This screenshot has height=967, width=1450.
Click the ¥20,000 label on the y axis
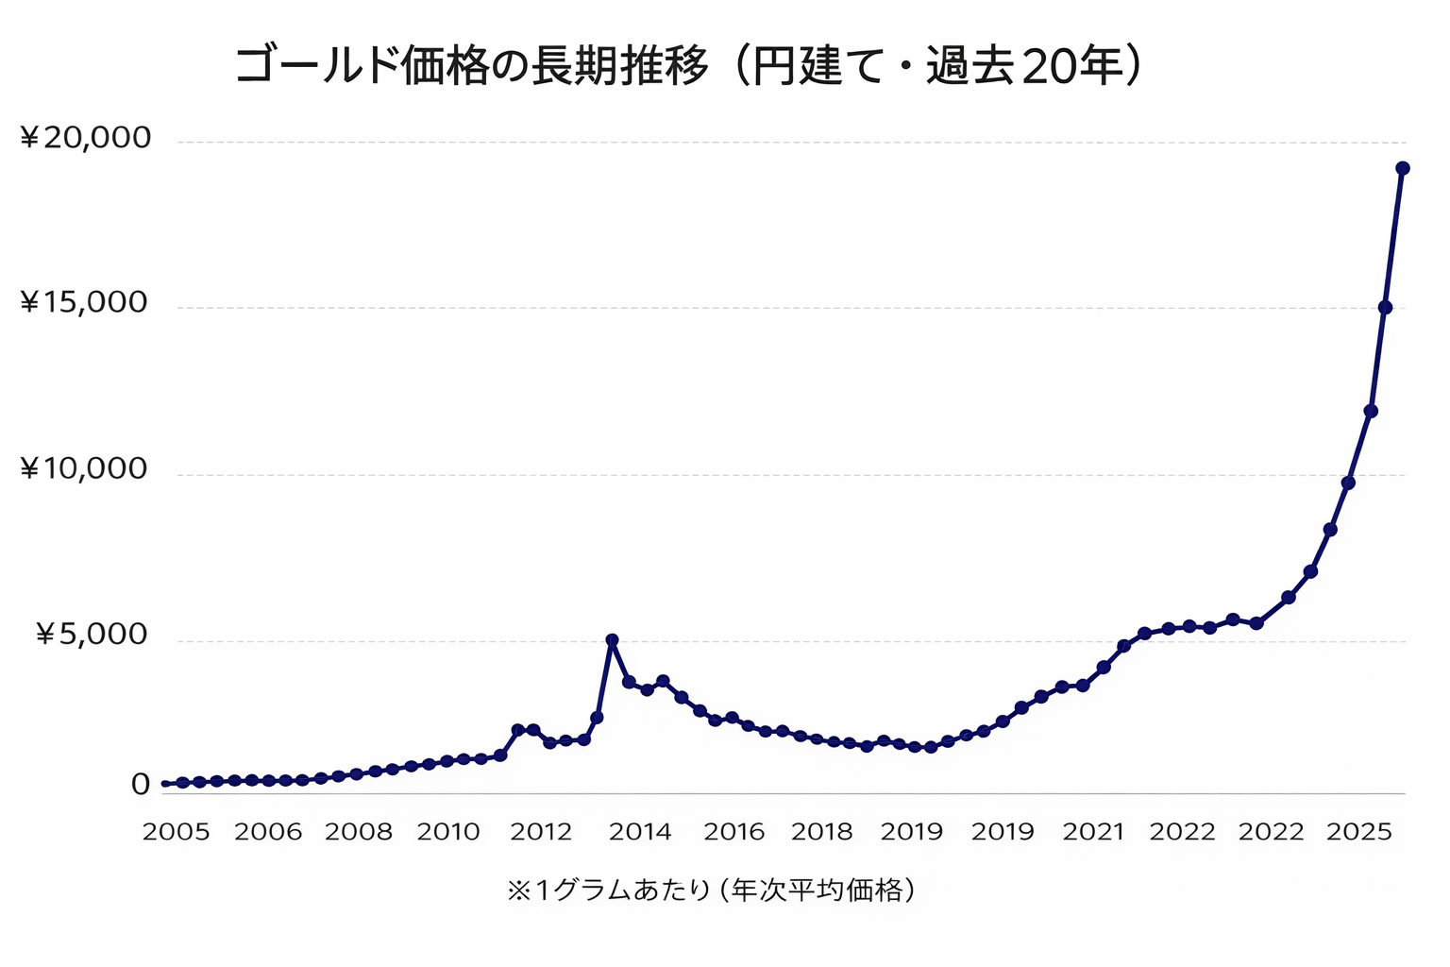(x=86, y=138)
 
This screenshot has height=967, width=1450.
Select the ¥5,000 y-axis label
(x=93, y=635)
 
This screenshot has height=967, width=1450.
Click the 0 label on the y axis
(x=141, y=785)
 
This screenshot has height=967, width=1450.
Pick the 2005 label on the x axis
(x=176, y=832)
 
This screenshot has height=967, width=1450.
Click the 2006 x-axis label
(x=268, y=832)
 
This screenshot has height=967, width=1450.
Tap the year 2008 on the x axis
(x=359, y=832)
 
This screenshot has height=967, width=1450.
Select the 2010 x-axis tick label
(x=449, y=832)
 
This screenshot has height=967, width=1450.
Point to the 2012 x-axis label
(x=542, y=832)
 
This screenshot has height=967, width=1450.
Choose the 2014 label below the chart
(x=640, y=832)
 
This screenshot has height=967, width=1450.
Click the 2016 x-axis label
(x=734, y=832)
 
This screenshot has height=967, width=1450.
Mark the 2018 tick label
(x=822, y=832)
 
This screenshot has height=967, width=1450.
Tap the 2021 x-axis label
(x=1094, y=832)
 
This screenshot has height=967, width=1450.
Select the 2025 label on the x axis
(x=1359, y=832)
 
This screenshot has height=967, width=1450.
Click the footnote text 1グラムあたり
(x=623, y=891)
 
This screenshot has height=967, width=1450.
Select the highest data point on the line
(x=1403, y=168)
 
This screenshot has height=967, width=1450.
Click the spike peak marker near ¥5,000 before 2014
(x=612, y=640)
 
